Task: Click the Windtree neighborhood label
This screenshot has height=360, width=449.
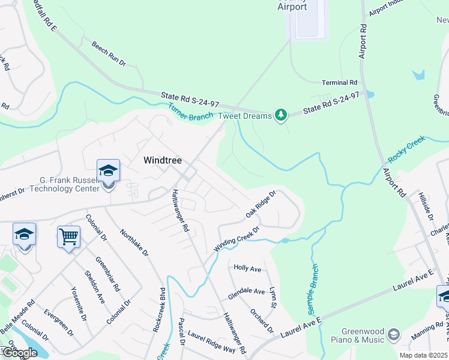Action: pyautogui.click(x=162, y=160)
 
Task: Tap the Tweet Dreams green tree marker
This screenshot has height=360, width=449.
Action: pyautogui.click(x=280, y=115)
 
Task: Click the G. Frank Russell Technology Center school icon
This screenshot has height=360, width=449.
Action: pyautogui.click(x=108, y=171)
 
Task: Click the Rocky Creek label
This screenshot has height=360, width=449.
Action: pyautogui.click(x=406, y=149)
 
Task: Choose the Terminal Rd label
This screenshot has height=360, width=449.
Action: pyautogui.click(x=339, y=82)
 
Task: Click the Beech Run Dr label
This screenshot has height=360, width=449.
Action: pyautogui.click(x=109, y=54)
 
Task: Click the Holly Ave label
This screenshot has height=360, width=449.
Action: pyautogui.click(x=247, y=268)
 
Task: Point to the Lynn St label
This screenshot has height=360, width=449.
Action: pyautogui.click(x=273, y=298)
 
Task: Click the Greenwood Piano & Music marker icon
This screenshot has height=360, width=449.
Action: pyautogui.click(x=394, y=334)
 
